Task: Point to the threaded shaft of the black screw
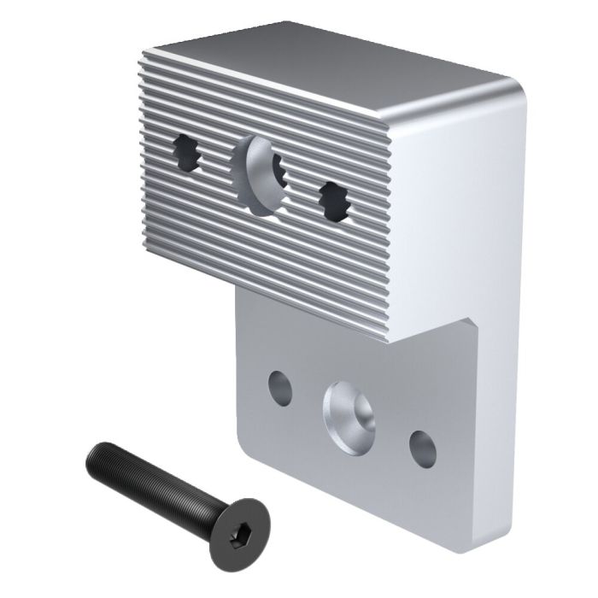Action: (154, 479)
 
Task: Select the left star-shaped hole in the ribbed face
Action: (188, 155)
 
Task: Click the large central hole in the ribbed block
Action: (261, 175)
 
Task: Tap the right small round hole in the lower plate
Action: (422, 448)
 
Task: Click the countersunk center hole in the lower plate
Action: (349, 415)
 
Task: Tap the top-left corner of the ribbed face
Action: (143, 53)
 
